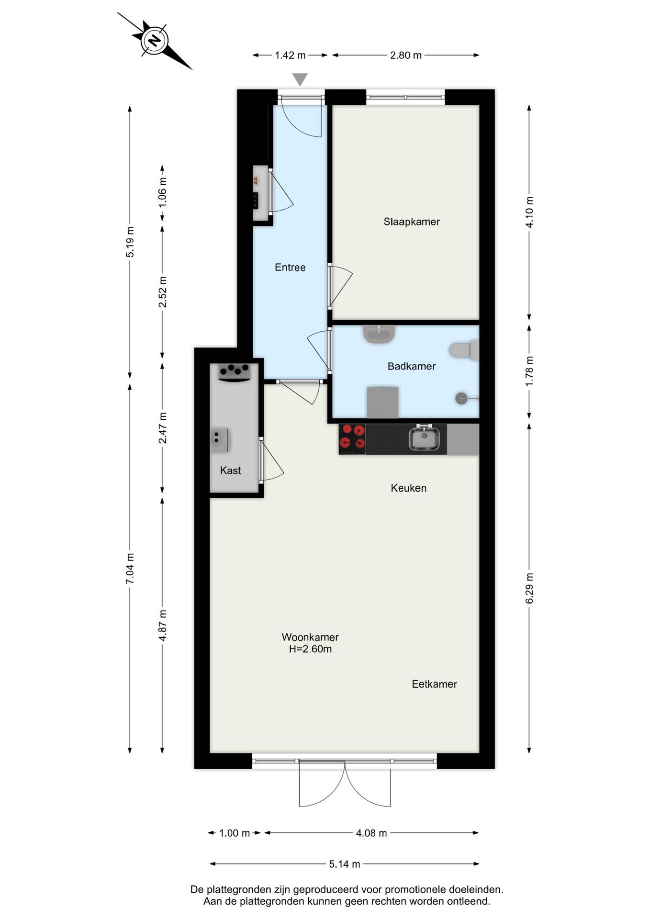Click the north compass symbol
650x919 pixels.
[155, 40]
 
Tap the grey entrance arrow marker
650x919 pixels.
[300, 79]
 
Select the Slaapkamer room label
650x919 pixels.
[411, 222]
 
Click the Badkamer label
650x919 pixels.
[411, 366]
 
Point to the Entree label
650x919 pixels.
[290, 268]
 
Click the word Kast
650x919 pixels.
[230, 471]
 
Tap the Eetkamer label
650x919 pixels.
[434, 684]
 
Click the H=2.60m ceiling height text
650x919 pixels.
[310, 650]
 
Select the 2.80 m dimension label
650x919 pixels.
[405, 55]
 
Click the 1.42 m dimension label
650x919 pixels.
[290, 55]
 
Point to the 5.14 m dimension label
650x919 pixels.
[344, 864]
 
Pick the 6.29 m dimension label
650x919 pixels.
[529, 588]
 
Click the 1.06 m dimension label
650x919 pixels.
[162, 192]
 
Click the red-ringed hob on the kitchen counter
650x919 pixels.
[352, 439]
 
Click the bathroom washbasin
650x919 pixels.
[379, 334]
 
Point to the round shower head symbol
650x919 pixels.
[461, 398]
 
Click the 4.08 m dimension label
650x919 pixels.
[371, 833]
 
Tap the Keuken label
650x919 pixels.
[408, 488]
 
